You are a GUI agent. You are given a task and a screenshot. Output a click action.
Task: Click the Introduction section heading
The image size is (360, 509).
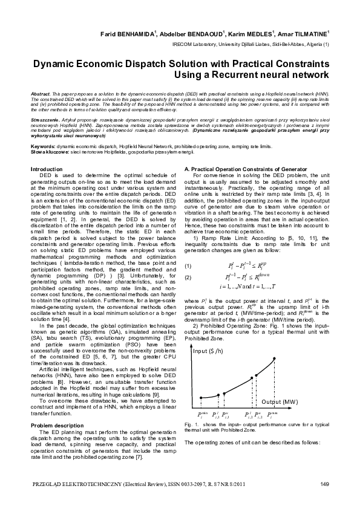coord(47,169)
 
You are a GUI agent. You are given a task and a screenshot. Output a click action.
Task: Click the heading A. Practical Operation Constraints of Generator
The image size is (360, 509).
coord(239,169)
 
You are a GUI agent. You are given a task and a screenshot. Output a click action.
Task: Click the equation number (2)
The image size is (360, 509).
coord(188,260)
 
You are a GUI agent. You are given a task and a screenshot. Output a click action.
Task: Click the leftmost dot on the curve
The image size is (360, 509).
coord(201,398)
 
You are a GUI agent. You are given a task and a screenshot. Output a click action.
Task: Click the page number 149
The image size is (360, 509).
coord(324,484)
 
